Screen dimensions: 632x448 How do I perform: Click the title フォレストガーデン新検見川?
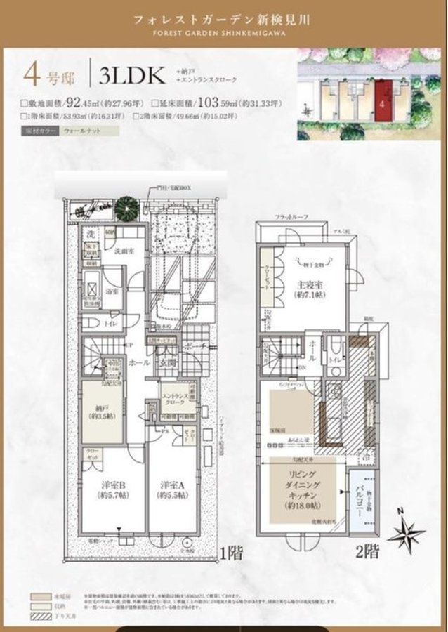coord(224,20)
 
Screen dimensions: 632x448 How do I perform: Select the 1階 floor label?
coord(231,552)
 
